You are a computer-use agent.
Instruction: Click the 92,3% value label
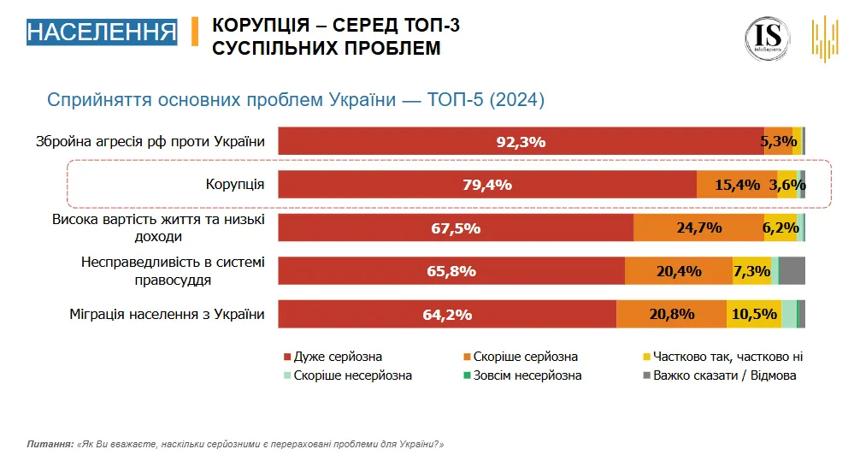point(521,142)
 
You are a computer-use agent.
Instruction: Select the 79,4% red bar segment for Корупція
point(487,185)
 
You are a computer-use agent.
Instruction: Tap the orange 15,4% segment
point(737,185)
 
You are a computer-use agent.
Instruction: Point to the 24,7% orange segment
point(698,227)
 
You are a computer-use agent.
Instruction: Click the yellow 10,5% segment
point(754,314)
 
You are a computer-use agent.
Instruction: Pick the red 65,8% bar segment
point(451,270)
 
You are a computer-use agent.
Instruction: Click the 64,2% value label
point(447,315)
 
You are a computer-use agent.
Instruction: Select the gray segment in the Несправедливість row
point(792,270)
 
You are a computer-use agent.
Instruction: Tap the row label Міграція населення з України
point(167,314)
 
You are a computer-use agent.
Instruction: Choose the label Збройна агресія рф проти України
point(150,142)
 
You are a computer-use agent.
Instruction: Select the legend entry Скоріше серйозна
point(526,357)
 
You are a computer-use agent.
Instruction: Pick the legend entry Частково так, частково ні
point(727,357)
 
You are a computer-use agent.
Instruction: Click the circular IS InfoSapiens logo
point(767,38)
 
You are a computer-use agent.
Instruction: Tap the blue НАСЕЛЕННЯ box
point(102,32)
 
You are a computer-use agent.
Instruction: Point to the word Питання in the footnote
point(49,445)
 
